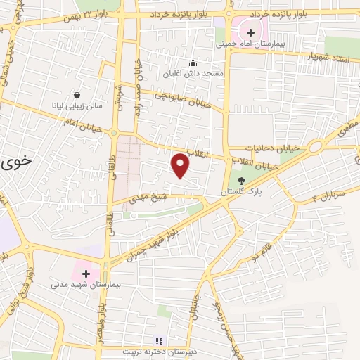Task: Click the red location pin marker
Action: pos(181,166)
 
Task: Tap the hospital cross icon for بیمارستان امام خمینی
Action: pos(250,32)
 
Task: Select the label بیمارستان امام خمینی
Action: pos(250,44)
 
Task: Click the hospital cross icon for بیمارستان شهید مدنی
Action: pos(86,273)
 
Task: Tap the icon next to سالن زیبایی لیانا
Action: pos(76,95)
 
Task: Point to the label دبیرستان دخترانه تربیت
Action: pos(158,351)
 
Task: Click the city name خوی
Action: pos(17,162)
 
